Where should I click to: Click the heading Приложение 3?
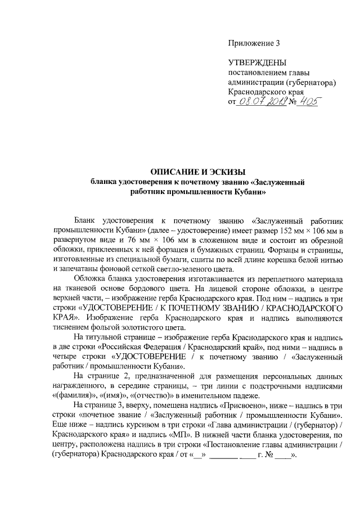tap(253, 43)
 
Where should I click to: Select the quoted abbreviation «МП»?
tap(228, 434)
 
